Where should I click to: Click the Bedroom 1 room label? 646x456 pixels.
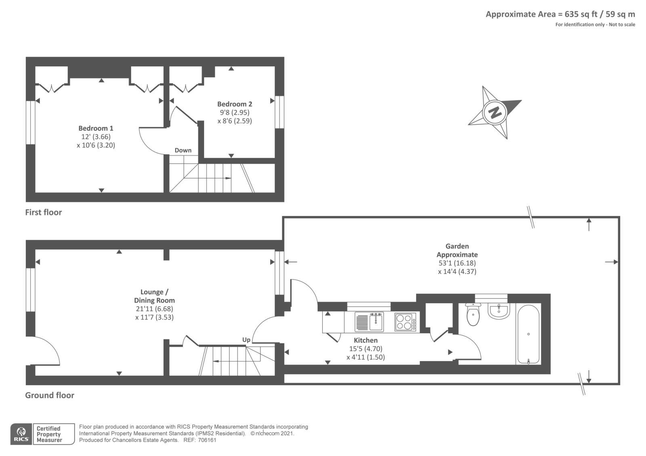(x=96, y=128)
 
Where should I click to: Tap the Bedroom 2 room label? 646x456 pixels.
(x=235, y=104)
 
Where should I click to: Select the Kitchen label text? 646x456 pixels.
(x=365, y=340)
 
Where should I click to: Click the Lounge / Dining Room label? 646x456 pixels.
(x=154, y=296)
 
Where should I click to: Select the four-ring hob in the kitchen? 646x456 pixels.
(x=405, y=322)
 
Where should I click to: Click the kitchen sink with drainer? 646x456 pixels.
(x=369, y=322)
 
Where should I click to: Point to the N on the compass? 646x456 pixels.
(x=495, y=112)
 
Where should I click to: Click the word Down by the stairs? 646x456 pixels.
(x=183, y=150)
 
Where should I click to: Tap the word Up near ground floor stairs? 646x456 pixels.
(x=246, y=340)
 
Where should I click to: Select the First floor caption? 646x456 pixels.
(x=44, y=212)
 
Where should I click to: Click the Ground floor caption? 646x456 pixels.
(x=50, y=395)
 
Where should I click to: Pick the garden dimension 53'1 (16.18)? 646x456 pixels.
(x=457, y=263)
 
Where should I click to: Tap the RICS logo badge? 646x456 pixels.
(x=21, y=434)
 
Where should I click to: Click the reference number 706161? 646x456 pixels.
(x=208, y=440)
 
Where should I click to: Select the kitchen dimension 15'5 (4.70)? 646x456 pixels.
(x=365, y=349)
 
